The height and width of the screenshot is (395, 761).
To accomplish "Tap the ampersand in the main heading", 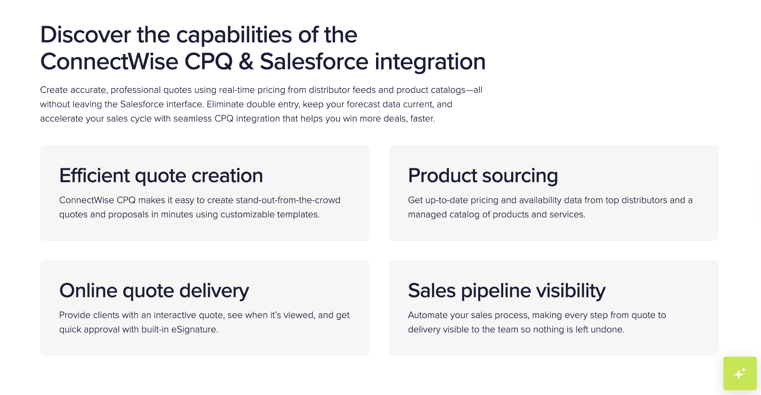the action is coord(246,62).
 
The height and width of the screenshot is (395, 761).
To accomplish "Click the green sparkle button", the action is coord(739,373).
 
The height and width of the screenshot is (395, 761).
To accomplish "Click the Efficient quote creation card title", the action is coord(161,175).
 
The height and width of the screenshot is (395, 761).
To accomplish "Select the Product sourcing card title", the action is coord(483,175).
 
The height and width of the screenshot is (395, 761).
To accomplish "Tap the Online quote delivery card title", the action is coord(154,291).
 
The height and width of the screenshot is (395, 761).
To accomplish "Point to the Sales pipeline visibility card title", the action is coord(506,291).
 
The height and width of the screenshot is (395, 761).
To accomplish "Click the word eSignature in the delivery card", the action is coord(194,330).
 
